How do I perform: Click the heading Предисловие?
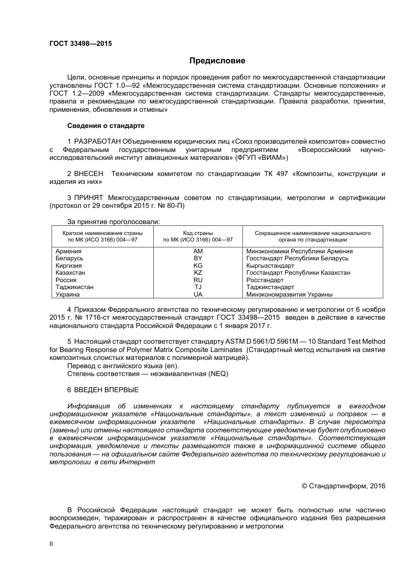(217, 61)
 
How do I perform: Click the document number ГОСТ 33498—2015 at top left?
(81, 44)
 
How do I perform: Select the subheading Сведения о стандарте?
(106, 126)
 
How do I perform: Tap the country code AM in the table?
(198, 251)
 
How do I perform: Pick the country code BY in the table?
(198, 258)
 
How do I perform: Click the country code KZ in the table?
(198, 273)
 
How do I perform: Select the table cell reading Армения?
(69, 251)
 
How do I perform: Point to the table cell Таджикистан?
(74, 287)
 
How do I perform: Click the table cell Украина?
(68, 294)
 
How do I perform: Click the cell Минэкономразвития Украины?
(289, 294)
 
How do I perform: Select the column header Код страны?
(198, 233)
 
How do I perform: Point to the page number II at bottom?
(51, 544)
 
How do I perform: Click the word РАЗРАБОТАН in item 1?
(97, 142)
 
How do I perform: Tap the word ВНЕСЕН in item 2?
(89, 174)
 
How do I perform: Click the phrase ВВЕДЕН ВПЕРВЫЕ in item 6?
(106, 390)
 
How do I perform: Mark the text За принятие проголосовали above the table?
(114, 222)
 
